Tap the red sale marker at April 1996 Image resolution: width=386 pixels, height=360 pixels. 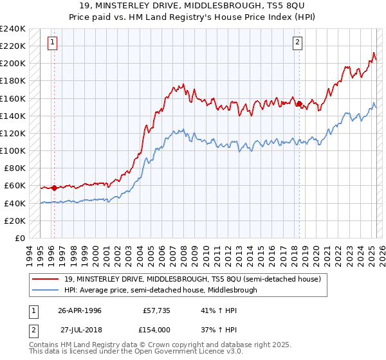tap(54, 188)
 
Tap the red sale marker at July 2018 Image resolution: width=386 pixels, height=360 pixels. tap(299, 104)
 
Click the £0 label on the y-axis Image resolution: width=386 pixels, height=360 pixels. tap(19, 238)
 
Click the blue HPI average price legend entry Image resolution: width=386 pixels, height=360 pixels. tap(161, 290)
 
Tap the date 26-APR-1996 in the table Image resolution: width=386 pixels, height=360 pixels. tap(80, 309)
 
